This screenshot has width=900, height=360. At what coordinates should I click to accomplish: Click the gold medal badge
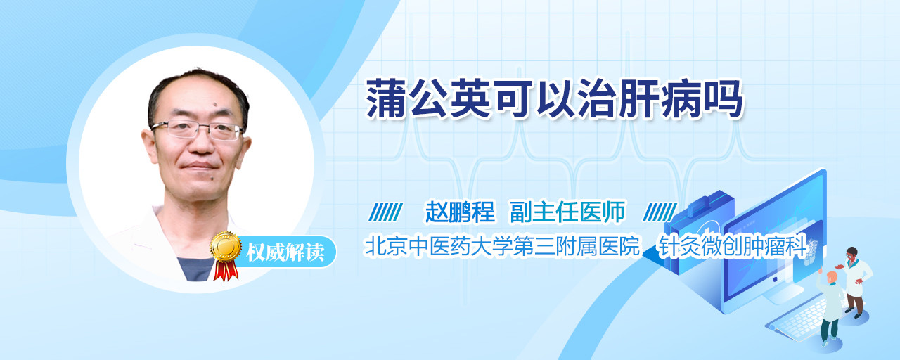tap(226, 246)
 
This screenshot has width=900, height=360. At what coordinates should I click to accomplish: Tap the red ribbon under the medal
tap(226, 270)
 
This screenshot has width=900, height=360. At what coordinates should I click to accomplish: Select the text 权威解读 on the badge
tap(285, 252)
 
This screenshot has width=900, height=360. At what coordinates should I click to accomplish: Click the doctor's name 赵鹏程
tap(460, 212)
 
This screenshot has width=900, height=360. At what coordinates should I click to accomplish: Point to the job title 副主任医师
tap(567, 212)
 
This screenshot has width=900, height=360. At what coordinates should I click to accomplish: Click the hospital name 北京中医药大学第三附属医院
tap(502, 246)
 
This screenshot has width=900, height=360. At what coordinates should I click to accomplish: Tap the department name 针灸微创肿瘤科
tap(732, 246)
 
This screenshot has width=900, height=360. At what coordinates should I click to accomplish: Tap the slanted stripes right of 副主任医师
tap(660, 212)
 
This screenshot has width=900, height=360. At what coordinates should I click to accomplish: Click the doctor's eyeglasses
tap(198, 129)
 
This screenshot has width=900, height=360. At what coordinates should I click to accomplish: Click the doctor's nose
tap(201, 144)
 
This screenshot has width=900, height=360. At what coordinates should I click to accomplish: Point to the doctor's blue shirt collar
tap(197, 269)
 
